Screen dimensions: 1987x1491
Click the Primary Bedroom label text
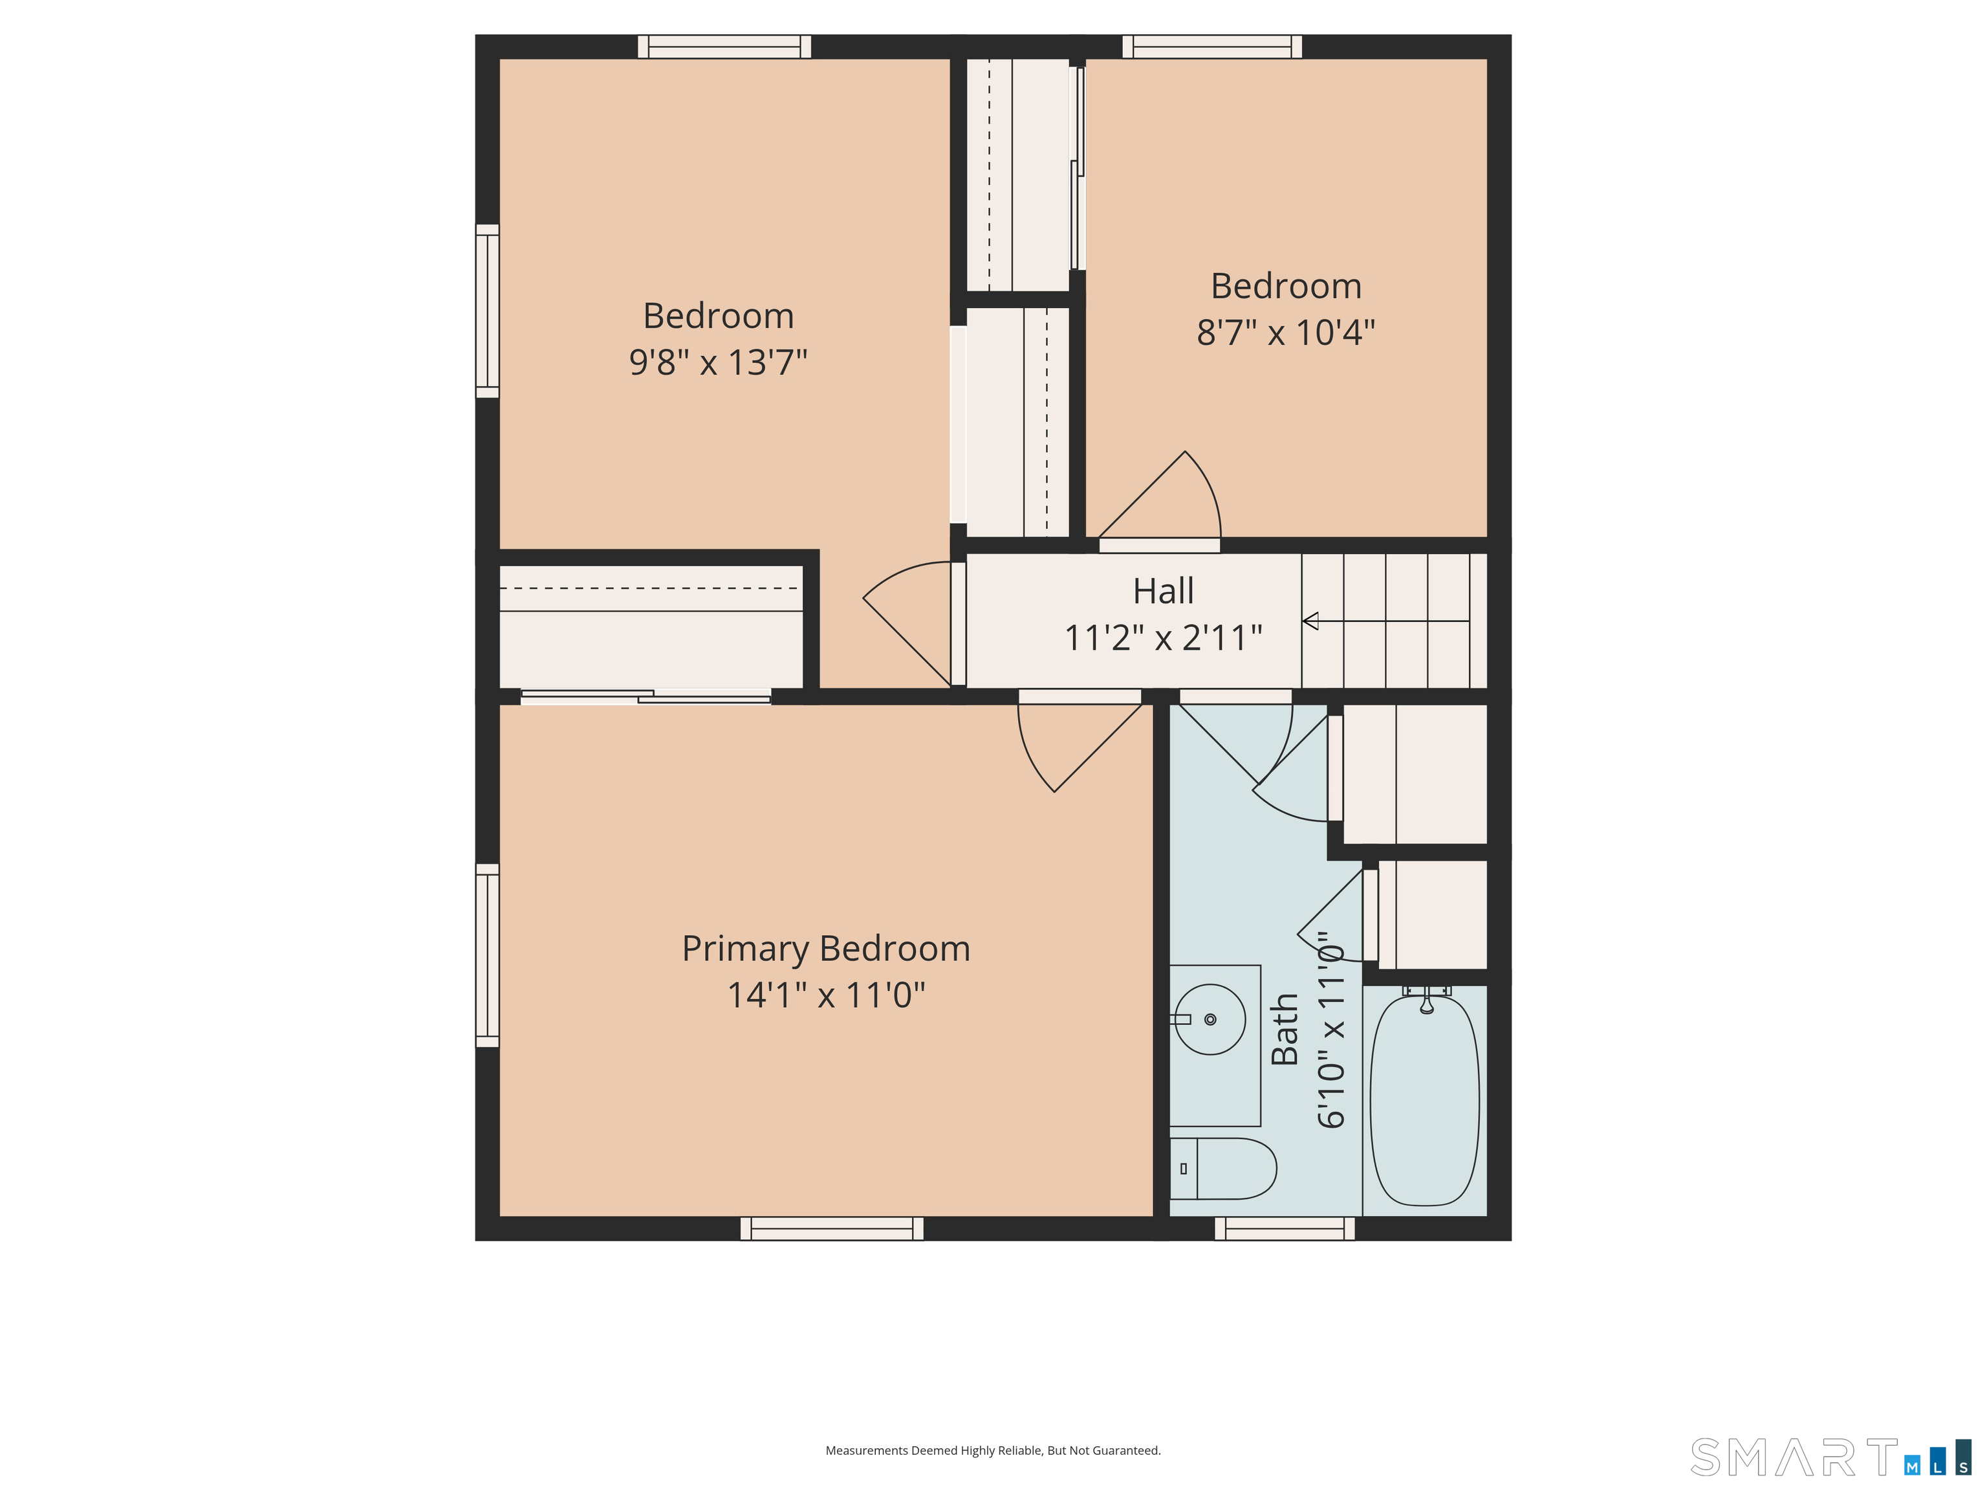pyautogui.click(x=825, y=950)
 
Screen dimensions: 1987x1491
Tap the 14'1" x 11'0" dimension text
pyautogui.click(x=825, y=995)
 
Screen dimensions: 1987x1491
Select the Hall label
pyautogui.click(x=1163, y=591)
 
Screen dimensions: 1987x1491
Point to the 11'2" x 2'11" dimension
pyautogui.click(x=1163, y=638)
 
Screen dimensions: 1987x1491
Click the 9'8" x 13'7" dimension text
pyautogui.click(x=718, y=362)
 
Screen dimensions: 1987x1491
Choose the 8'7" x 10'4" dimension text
pyautogui.click(x=1285, y=333)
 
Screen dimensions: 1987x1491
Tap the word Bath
pyautogui.click(x=1285, y=1029)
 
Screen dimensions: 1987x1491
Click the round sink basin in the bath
pyautogui.click(x=1210, y=1019)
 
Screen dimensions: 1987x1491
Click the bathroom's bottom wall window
pyautogui.click(x=1285, y=1228)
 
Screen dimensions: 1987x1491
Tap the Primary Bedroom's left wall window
pyautogui.click(x=487, y=955)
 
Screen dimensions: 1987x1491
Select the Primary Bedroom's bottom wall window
pyautogui.click(x=832, y=1228)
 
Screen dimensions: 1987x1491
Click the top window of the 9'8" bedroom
pyautogui.click(x=724, y=47)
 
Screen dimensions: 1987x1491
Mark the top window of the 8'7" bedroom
pyautogui.click(x=1211, y=47)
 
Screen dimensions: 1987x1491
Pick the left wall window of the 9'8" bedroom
pyautogui.click(x=487, y=311)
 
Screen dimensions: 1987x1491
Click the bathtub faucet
pyautogui.click(x=1426, y=999)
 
